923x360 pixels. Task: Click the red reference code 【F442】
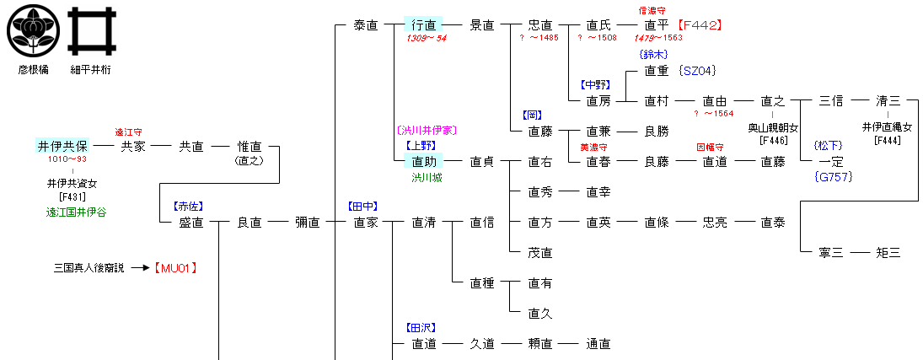(700, 25)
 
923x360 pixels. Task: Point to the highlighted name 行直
(423, 25)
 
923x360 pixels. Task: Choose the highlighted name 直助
(423, 161)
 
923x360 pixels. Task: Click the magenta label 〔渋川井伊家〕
(426, 130)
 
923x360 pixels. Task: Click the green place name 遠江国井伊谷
(76, 212)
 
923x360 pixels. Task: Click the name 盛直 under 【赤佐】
(191, 223)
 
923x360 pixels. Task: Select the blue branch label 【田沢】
(424, 327)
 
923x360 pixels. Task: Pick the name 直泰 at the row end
(772, 223)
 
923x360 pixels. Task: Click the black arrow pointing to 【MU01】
(140, 268)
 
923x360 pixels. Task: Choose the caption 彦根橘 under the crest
(30, 70)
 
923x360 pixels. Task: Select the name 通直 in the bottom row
(598, 344)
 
